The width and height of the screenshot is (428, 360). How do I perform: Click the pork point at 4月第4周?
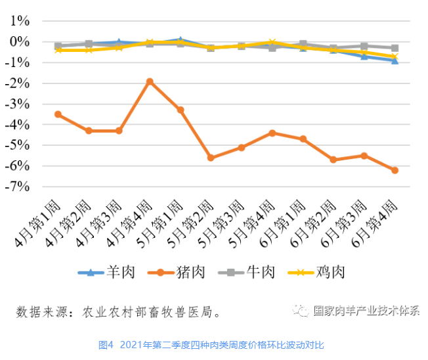(150, 81)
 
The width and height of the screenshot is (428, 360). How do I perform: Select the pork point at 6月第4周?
(395, 170)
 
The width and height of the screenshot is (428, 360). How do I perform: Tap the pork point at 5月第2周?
(211, 158)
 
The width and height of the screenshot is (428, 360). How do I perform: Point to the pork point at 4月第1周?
(58, 114)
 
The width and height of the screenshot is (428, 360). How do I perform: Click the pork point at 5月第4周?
(272, 133)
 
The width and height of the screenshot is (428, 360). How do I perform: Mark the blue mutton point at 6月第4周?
(395, 60)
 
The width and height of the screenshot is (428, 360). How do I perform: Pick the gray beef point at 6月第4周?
(395, 48)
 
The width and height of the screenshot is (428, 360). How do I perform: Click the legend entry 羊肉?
(107, 272)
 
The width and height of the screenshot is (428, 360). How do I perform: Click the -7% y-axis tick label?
(18, 187)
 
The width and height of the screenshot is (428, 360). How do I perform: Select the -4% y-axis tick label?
(18, 125)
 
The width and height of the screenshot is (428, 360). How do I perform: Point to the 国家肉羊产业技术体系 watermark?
(365, 311)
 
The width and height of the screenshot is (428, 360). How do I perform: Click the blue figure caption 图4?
(106, 345)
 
